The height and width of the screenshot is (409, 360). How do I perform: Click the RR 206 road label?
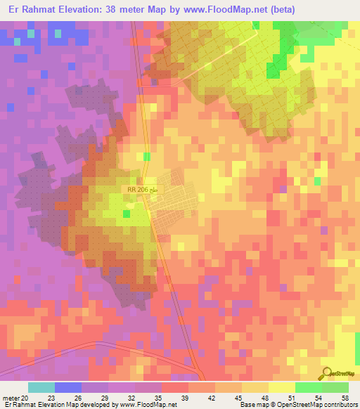pyautogui.click(x=138, y=190)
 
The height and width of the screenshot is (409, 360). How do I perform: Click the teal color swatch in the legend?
pyautogui.click(x=41, y=387)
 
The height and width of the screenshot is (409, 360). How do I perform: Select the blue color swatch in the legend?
pyautogui.click(x=68, y=387)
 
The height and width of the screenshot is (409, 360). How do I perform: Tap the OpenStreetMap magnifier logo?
pyautogui.click(x=326, y=373)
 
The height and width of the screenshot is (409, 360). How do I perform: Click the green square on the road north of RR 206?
pyautogui.click(x=146, y=157)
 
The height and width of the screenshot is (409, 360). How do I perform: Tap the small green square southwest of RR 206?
pyautogui.click(x=126, y=214)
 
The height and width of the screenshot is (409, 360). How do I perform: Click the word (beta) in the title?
pyautogui.click(x=281, y=9)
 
